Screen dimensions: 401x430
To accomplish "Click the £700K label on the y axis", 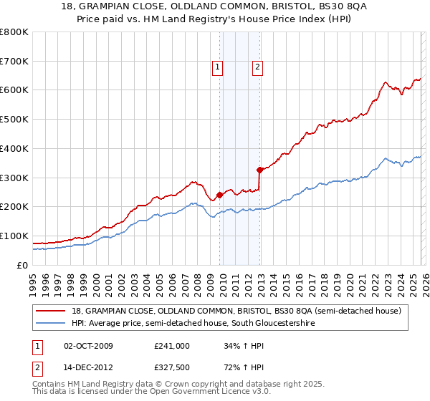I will click(x=14, y=62).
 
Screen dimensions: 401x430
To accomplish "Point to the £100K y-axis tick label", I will click(x=14, y=236).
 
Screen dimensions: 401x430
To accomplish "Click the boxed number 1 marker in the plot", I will click(x=217, y=68).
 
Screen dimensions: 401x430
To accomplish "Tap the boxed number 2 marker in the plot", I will click(x=257, y=68).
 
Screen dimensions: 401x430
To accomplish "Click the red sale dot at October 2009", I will click(x=219, y=195).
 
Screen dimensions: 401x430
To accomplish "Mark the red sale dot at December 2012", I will click(x=260, y=170).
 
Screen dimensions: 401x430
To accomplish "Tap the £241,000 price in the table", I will click(x=172, y=346).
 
